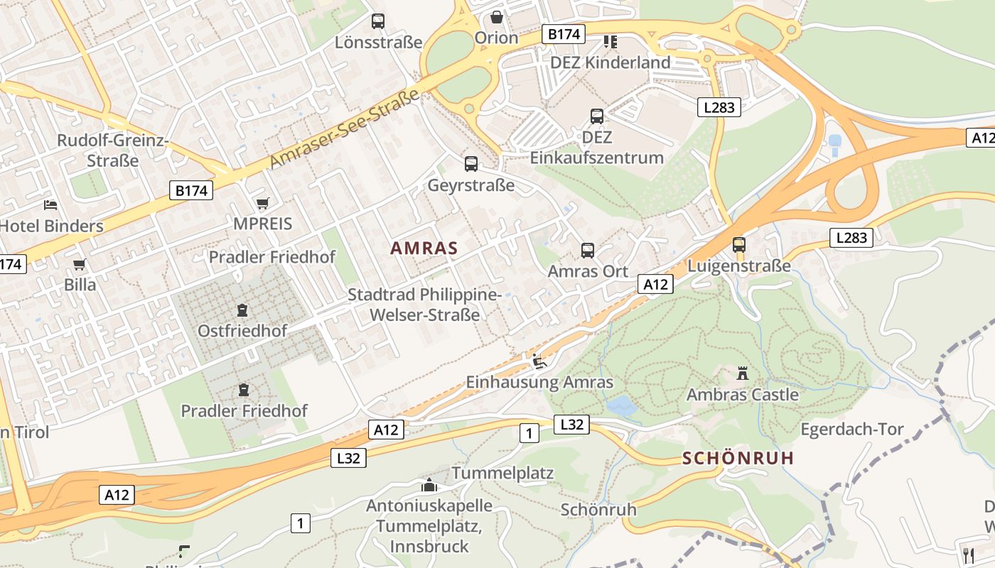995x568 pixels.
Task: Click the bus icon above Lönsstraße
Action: point(378,21)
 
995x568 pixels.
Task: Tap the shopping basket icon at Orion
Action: point(496,17)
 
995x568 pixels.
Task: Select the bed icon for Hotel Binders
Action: point(50,204)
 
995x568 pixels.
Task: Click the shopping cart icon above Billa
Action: point(79,264)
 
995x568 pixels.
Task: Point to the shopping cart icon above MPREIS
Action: point(262,203)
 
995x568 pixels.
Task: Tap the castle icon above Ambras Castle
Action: point(743,373)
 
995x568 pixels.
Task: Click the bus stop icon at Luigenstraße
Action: point(739,245)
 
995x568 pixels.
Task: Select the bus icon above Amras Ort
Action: point(587,250)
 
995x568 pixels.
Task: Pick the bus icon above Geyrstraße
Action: point(470,164)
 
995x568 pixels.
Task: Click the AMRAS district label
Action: point(424,248)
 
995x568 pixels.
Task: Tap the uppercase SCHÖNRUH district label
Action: point(738,458)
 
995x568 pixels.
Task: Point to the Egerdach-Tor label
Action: point(851,430)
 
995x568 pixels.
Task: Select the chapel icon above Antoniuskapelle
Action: point(429,485)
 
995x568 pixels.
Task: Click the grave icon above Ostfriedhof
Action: point(242,310)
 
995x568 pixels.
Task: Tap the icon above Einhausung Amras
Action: point(539,361)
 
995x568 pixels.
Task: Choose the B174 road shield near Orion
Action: point(564,33)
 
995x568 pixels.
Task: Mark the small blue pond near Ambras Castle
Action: point(622,405)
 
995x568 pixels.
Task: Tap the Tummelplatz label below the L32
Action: point(502,473)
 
